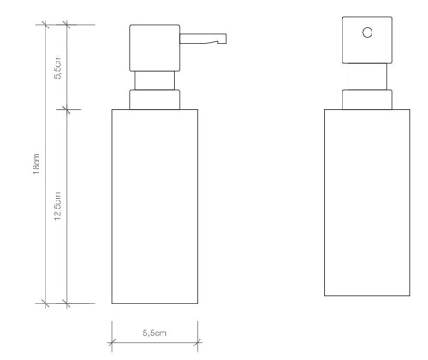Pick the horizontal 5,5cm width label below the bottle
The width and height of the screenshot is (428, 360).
point(154,331)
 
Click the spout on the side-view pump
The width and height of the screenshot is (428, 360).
point(201,37)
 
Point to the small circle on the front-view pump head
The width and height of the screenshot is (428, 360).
point(367,32)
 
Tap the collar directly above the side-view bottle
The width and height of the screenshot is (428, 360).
point(154,99)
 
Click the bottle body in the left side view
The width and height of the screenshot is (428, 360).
point(154,205)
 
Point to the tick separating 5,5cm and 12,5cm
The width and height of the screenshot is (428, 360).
point(68,109)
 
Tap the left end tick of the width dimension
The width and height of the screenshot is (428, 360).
point(111,345)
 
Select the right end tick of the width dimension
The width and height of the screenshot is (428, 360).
point(197,345)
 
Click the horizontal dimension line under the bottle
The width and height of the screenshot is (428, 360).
point(154,345)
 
